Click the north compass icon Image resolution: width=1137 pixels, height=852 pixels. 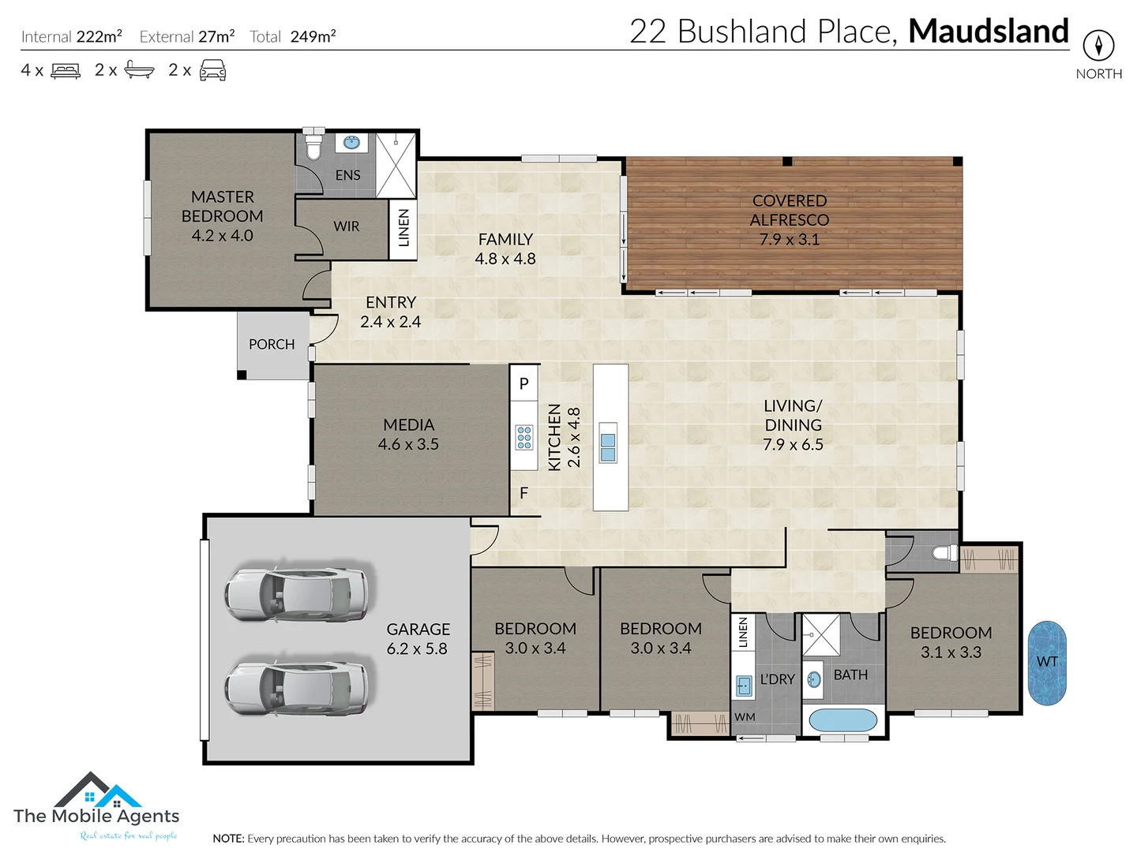tap(1098, 45)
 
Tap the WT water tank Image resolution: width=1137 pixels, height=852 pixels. tap(1047, 663)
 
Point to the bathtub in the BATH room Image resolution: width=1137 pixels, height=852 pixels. tap(843, 720)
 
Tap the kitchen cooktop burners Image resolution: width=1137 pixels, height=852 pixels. tap(523, 437)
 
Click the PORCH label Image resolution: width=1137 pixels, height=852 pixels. tap(272, 345)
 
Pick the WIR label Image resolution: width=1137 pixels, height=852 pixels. tap(346, 226)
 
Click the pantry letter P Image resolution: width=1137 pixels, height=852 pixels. tap(523, 384)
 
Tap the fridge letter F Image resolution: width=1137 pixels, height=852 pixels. tap(523, 493)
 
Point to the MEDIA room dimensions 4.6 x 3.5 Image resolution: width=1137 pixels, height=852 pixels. tap(408, 444)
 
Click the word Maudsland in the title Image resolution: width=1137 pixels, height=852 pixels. tap(989, 32)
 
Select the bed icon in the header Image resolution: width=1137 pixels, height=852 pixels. tap(66, 71)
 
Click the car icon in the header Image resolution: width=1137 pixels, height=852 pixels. tap(212, 71)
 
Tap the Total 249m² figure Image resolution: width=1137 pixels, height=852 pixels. tap(313, 36)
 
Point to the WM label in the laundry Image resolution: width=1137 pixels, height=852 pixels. tap(745, 717)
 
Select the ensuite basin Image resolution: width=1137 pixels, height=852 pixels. tap(351, 143)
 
